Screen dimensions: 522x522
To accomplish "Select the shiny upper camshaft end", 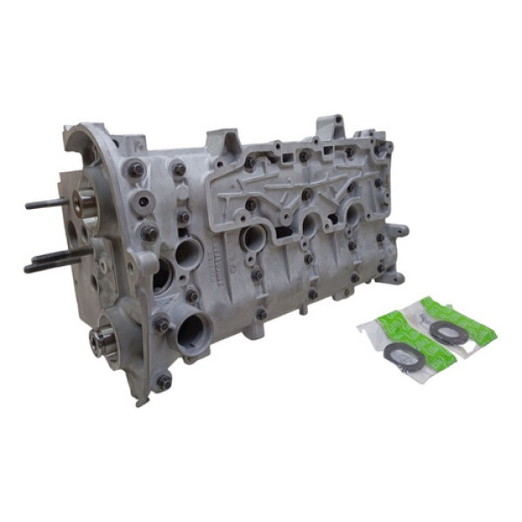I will coord(86,203).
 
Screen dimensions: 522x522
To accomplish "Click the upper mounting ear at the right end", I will coord(398,232).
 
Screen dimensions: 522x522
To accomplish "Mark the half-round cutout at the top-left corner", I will coord(86,148).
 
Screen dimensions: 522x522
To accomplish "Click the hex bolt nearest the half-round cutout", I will coord(135,170).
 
